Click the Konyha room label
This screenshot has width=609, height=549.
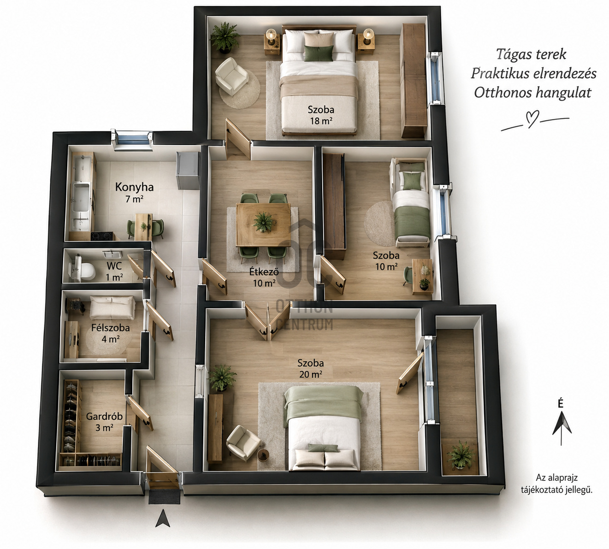tap(134, 187)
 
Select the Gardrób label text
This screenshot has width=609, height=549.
tap(104, 416)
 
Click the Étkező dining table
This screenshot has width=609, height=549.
tap(263, 224)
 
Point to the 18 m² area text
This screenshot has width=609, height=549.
tap(321, 121)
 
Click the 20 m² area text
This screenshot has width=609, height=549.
tap(311, 374)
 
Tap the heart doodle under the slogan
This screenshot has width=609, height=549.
tap(532, 119)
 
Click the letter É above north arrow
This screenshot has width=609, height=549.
tap(561, 403)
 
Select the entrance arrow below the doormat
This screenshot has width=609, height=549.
tap(163, 518)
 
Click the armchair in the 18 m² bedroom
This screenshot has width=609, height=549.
tap(231, 76)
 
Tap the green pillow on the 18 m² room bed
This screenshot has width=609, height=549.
tap(319, 53)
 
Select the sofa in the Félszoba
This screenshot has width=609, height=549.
tap(112, 307)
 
